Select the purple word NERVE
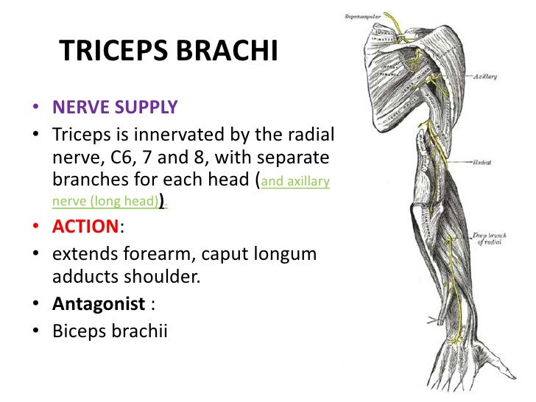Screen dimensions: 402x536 [77, 107]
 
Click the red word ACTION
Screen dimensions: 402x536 [85, 226]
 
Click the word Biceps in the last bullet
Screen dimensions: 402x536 [77, 331]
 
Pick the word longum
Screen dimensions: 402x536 [289, 254]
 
